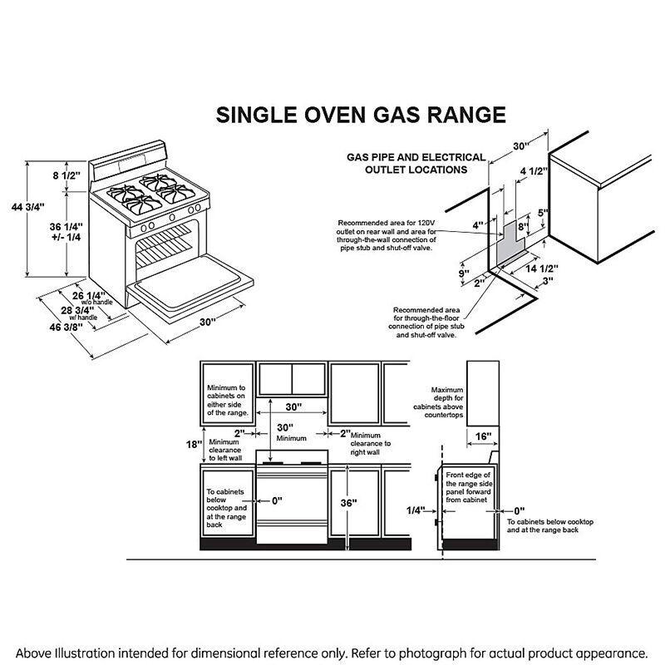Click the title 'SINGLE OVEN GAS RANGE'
[360, 114]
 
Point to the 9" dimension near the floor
[464, 272]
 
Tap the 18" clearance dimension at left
[194, 445]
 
